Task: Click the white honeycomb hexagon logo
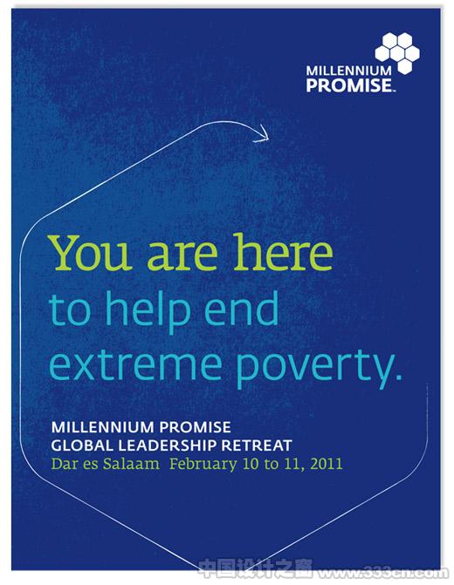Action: point(397,53)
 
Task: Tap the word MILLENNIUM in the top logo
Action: point(348,71)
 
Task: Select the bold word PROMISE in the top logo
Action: point(348,85)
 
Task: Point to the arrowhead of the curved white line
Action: point(262,134)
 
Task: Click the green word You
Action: point(92,253)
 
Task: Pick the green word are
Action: point(182,255)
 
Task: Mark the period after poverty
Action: point(398,377)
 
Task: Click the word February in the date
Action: point(203,465)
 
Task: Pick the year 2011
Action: point(327,464)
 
